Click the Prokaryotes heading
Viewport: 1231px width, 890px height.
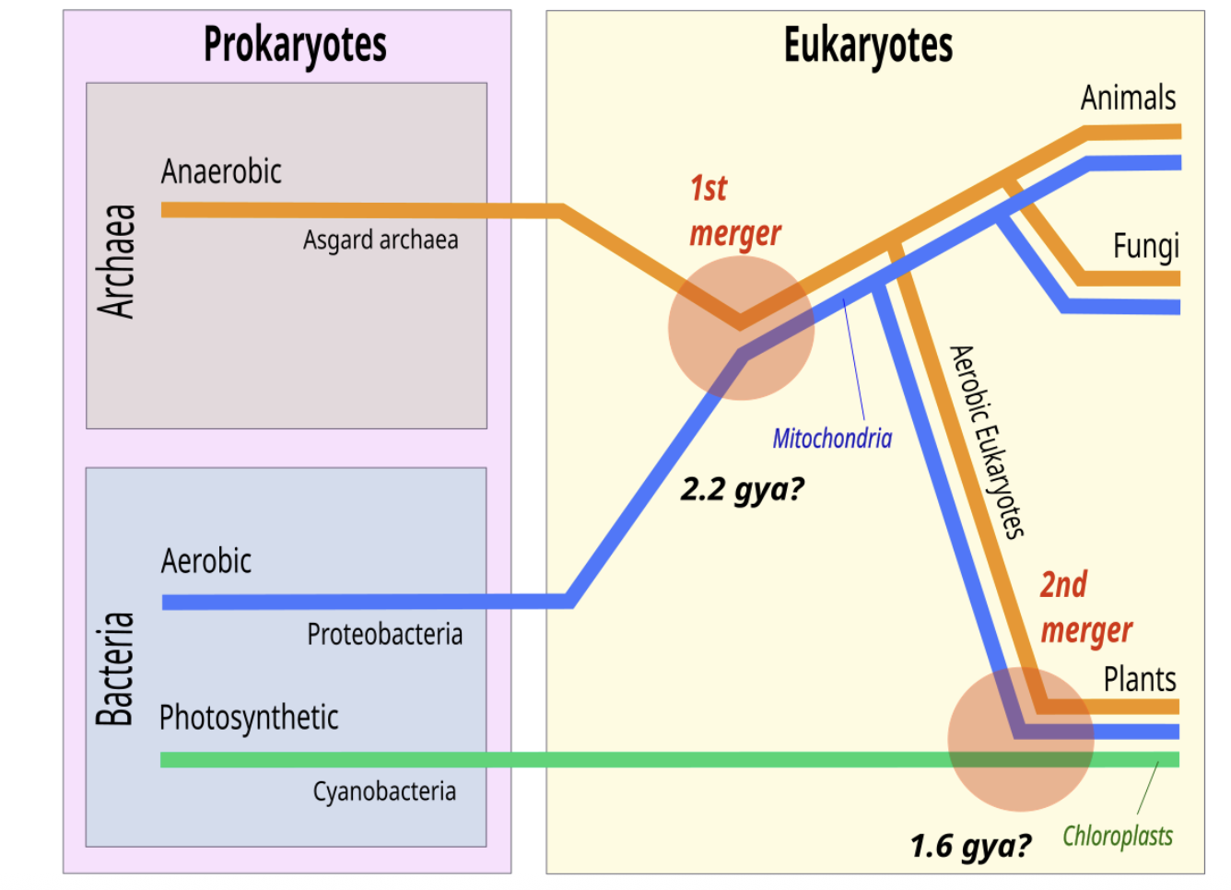click(295, 44)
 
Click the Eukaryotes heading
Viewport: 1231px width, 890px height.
click(868, 44)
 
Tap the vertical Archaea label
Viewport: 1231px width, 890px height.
click(117, 262)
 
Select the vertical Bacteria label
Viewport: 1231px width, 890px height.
click(115, 669)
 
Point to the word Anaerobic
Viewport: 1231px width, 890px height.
click(221, 172)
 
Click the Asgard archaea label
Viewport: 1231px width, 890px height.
click(381, 240)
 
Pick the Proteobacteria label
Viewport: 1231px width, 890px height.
click(384, 634)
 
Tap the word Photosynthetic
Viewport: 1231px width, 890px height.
click(249, 718)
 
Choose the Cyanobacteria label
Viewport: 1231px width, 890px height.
click(384, 791)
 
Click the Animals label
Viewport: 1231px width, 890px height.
click(1128, 98)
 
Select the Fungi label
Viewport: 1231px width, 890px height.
click(1145, 247)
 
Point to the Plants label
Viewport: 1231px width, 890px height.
click(1140, 680)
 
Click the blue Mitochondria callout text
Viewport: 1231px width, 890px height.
click(832, 439)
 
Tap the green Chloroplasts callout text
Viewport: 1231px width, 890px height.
click(1118, 837)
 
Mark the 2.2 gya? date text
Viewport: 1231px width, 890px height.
click(742, 489)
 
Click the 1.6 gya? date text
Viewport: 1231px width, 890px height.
click(970, 846)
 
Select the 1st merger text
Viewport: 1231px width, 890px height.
click(734, 211)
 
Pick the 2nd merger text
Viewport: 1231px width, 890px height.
click(1085, 608)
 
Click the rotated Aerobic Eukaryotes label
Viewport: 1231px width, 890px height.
click(987, 441)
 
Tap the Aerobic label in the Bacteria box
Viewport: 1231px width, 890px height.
click(206, 561)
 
